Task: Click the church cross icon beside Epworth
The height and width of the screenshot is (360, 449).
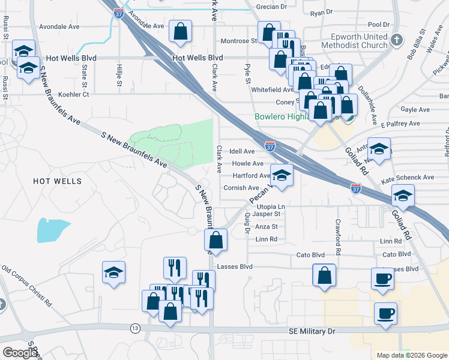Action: point(396,40)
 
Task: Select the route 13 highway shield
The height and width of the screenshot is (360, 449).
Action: point(134,328)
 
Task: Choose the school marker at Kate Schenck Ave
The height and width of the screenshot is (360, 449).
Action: point(403,195)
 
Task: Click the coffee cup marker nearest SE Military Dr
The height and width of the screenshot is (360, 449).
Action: point(385,313)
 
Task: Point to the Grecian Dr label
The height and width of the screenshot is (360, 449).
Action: point(272,7)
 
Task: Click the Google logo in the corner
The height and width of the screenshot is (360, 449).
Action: point(20,353)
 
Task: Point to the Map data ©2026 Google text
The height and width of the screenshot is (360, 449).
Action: point(411,355)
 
